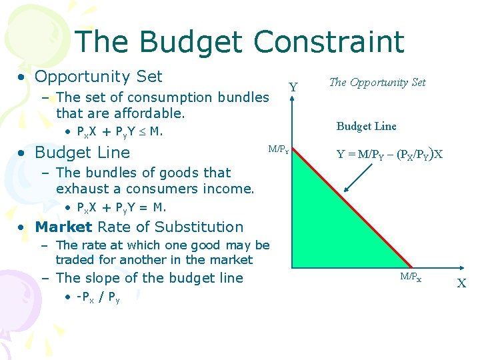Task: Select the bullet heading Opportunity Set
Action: click(x=98, y=77)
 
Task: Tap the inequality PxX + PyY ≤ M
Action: click(x=120, y=131)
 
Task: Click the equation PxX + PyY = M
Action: click(x=121, y=207)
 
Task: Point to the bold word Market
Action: click(x=63, y=227)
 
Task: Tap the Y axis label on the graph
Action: click(x=293, y=87)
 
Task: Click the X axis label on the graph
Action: click(x=461, y=283)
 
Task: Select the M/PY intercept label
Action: click(x=278, y=149)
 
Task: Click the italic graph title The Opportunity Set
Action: click(x=377, y=83)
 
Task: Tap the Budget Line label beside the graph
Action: click(x=366, y=126)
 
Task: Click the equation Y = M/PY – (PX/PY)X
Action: click(x=389, y=155)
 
